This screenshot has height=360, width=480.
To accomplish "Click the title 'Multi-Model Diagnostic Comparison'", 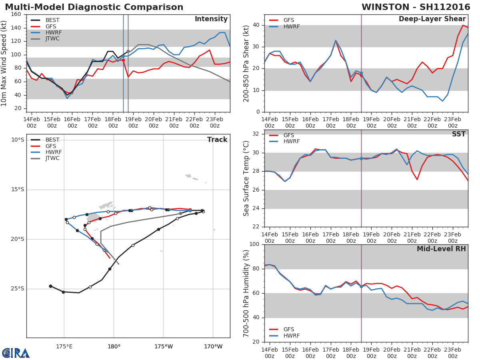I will [x=94, y=7].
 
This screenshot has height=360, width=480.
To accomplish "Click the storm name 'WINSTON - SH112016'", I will [x=416, y=7].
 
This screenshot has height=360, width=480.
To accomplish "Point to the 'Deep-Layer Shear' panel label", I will [x=432, y=19].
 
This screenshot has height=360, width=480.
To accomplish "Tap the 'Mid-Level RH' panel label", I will [x=441, y=249].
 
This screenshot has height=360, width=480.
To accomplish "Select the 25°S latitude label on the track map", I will [x=17, y=289].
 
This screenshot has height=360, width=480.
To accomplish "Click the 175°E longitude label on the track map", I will [x=64, y=346].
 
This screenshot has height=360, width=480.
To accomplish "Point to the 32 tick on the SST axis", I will [x=256, y=134].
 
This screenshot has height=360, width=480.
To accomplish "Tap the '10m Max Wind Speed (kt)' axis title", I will [x=4, y=63].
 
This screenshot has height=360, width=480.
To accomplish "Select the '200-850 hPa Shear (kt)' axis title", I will [x=246, y=63].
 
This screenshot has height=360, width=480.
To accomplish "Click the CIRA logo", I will [x=16, y=353].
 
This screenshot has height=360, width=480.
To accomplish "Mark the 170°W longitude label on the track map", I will [x=213, y=346].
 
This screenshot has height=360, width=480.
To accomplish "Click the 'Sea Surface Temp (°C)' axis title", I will [x=246, y=179].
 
